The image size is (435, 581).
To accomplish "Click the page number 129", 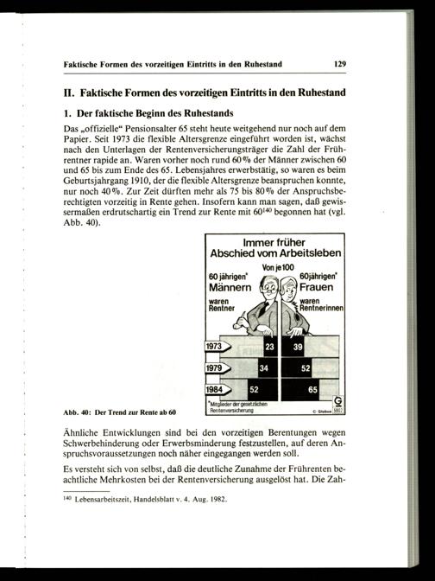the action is click(340, 64).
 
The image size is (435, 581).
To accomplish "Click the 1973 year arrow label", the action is click(217, 347).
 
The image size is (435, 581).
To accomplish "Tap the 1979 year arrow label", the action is click(217, 368).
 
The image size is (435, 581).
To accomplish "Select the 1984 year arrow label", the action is click(217, 389).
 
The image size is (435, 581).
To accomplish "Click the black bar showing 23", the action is click(270, 347).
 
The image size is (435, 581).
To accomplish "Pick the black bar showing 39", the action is click(293, 347).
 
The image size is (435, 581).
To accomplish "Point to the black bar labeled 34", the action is click(268, 368).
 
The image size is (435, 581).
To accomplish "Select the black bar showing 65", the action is click(300, 390).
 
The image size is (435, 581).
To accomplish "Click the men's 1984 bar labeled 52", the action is click(262, 390).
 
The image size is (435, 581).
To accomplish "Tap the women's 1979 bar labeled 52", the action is click(296, 368).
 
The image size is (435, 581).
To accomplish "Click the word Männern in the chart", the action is click(230, 288).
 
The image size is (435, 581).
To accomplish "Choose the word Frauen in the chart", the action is click(316, 287).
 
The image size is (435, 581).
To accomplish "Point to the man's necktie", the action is click(263, 309).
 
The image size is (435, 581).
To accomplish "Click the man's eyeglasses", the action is click(269, 288).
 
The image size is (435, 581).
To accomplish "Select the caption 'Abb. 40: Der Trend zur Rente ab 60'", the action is click(119, 412).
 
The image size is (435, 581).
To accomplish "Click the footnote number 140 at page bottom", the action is click(67, 498).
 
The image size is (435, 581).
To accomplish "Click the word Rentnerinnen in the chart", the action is click(321, 309).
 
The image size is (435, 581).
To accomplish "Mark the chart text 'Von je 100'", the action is click(278, 267).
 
